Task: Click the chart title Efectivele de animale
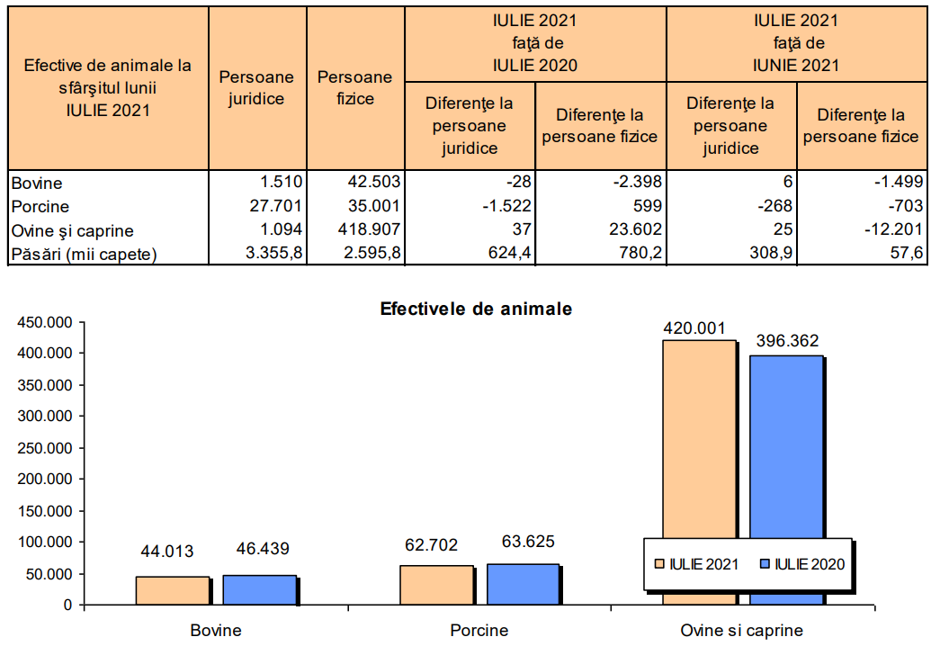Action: [x=476, y=309]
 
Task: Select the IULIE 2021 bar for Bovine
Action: [x=172, y=590]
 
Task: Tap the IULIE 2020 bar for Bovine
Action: [x=259, y=589]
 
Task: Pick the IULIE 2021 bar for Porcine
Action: [x=436, y=585]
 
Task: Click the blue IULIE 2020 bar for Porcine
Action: [x=523, y=584]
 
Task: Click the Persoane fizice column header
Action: [x=354, y=88]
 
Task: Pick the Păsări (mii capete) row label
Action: [x=85, y=254]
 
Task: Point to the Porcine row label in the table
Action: [x=40, y=206]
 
